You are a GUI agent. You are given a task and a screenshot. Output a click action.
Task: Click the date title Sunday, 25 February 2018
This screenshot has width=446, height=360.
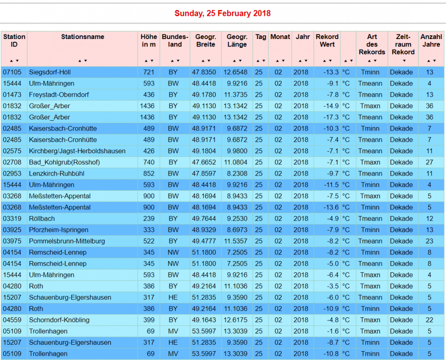pos(223,13)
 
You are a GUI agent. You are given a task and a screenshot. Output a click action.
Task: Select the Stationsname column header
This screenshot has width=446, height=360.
pos(82,37)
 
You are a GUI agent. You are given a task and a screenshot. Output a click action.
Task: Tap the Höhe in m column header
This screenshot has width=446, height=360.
pos(149,40)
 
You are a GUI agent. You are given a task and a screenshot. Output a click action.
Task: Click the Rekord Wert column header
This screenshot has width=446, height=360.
pos(327,40)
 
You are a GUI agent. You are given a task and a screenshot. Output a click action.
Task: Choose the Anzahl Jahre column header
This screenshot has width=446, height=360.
pos(431,40)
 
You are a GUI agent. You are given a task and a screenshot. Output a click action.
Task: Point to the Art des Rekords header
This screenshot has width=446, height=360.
pos(372,44)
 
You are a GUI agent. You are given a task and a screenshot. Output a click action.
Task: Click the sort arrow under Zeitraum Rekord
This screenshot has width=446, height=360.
pos(403,61)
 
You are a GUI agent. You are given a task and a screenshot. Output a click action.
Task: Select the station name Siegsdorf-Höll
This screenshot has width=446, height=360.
pos(50,72)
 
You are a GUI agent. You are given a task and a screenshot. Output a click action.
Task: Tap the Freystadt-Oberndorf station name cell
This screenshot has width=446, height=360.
pos(59,95)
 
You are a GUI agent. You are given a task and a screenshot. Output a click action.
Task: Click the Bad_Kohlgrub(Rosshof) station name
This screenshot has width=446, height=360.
pos(64,162)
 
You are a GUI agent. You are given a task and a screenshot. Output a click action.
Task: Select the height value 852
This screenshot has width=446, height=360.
pos(149,173)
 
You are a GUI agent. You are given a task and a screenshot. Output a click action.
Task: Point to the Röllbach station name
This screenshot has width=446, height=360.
pos(42,218)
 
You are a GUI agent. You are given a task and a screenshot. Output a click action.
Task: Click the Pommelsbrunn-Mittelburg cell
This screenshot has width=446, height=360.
pos(67,241)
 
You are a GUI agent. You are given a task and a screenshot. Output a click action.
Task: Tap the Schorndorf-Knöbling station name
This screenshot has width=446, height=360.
pos(59,320)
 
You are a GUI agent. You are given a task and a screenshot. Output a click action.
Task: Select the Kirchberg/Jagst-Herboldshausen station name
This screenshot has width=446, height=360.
pos(77,151)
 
